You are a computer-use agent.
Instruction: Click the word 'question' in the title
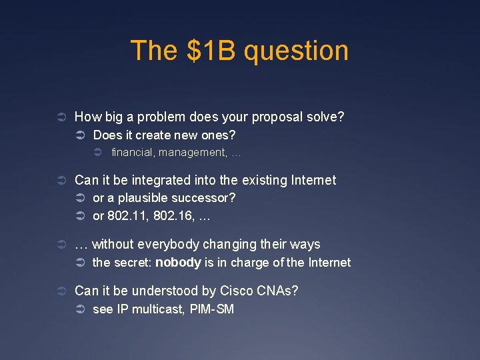point(296,51)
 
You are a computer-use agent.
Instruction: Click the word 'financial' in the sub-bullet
point(133,152)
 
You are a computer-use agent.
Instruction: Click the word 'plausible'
point(143,198)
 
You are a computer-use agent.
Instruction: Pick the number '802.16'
point(167,217)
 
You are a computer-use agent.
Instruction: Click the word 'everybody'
point(166,245)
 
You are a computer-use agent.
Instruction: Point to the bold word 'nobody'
point(178,263)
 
